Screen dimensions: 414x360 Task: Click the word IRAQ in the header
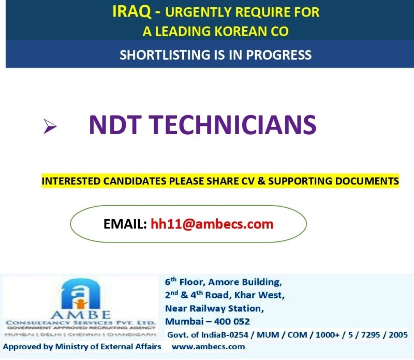pyautogui.click(x=132, y=12)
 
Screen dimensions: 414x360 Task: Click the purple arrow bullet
pyautogui.click(x=50, y=126)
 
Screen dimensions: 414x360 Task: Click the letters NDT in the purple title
pyautogui.click(x=114, y=125)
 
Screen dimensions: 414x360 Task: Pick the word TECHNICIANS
pyautogui.click(x=232, y=125)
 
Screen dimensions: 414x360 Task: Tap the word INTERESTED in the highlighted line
pyautogui.click(x=71, y=181)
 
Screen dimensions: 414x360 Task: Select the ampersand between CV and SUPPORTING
pyautogui.click(x=262, y=181)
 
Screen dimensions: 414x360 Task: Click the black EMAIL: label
pyautogui.click(x=125, y=224)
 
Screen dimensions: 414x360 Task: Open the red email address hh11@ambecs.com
pyautogui.click(x=212, y=224)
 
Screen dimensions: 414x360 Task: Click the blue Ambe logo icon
pyautogui.click(x=80, y=294)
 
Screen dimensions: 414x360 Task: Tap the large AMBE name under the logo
pyautogui.click(x=81, y=315)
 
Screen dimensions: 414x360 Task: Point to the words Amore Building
pyautogui.click(x=245, y=282)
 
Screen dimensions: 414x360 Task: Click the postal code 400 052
pyautogui.click(x=232, y=321)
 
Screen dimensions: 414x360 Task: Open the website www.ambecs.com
pyautogui.click(x=209, y=347)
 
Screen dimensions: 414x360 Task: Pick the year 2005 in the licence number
pyautogui.click(x=398, y=335)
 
